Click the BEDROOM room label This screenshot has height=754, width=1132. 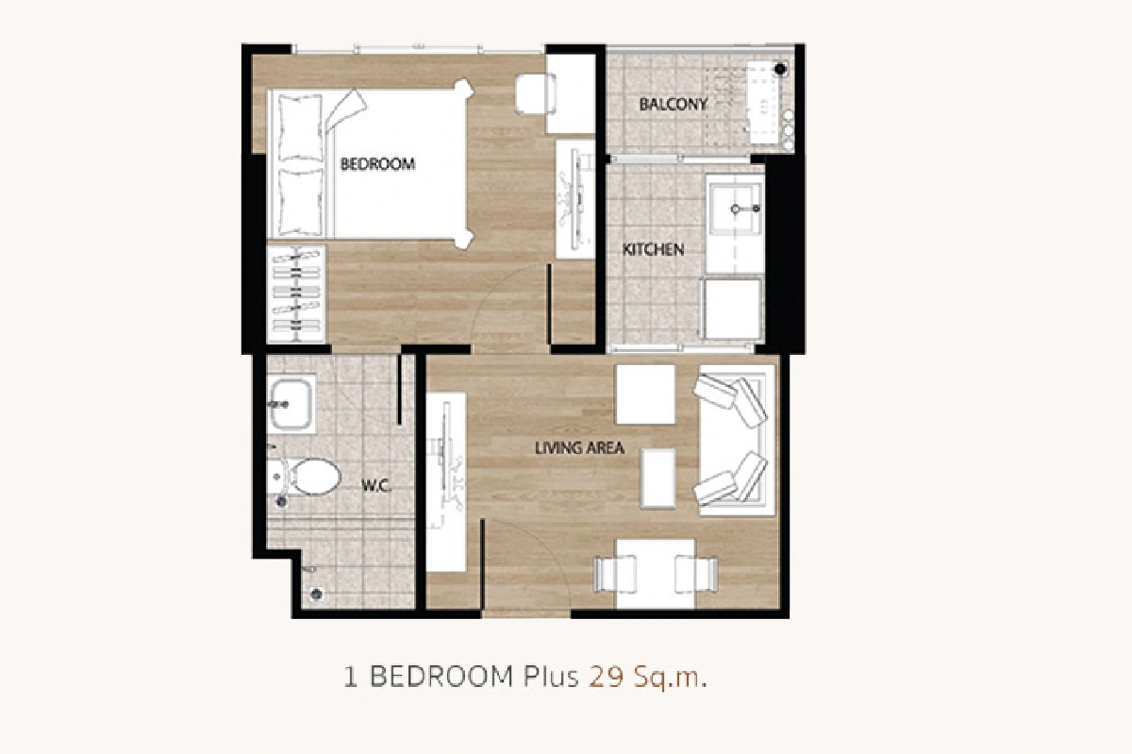(x=377, y=164)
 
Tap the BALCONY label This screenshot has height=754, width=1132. (x=674, y=105)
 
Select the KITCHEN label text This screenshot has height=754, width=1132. (x=653, y=249)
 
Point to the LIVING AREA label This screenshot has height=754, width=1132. (x=579, y=448)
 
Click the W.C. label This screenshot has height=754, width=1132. (x=376, y=486)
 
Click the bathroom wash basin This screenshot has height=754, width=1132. (x=291, y=404)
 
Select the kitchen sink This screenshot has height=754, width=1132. (x=735, y=209)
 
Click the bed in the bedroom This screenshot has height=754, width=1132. (x=372, y=164)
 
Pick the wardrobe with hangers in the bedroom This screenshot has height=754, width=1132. (x=296, y=293)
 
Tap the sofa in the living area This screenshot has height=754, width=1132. (x=735, y=440)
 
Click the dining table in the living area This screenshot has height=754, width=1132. (x=656, y=574)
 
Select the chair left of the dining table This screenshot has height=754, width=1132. (x=614, y=574)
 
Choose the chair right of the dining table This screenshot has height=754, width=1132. (x=696, y=574)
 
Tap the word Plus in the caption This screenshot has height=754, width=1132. (x=551, y=678)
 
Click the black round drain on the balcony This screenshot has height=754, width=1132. (x=780, y=68)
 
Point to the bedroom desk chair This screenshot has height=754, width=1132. (x=535, y=94)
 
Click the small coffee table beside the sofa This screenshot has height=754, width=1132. (x=658, y=478)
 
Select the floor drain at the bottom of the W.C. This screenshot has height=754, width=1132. (x=317, y=594)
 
